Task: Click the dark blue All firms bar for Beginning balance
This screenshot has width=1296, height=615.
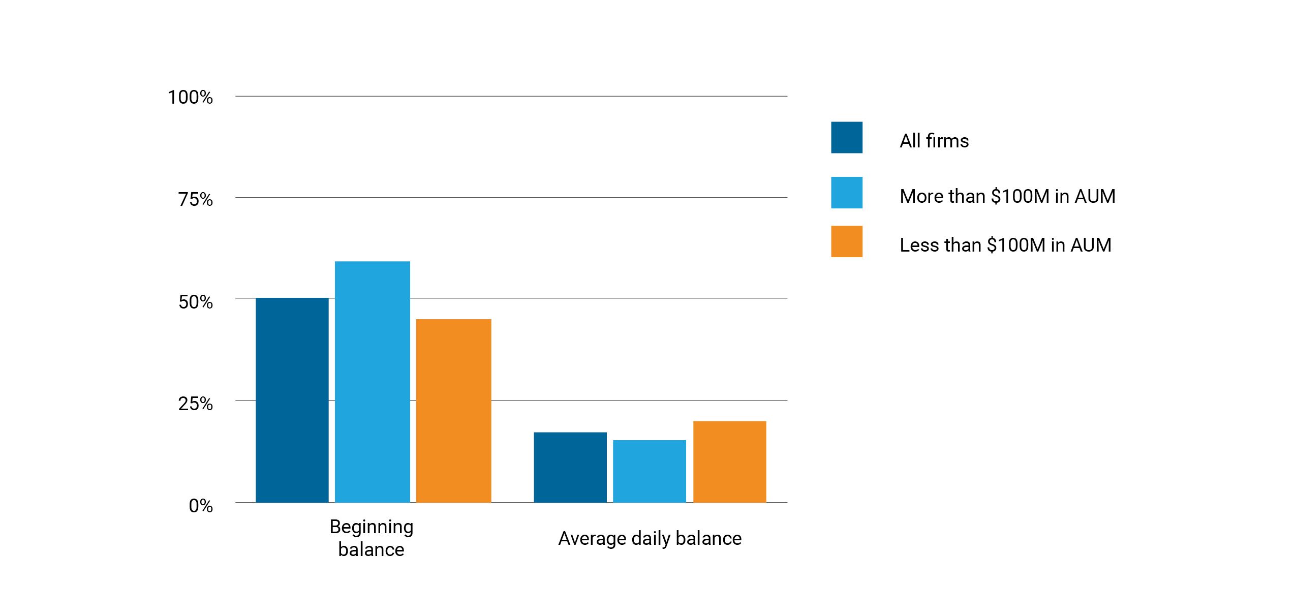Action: pyautogui.click(x=292, y=400)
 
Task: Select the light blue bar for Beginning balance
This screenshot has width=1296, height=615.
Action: pyautogui.click(x=372, y=382)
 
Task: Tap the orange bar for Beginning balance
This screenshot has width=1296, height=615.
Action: pyautogui.click(x=453, y=411)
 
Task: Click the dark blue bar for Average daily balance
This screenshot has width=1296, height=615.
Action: pyautogui.click(x=570, y=467)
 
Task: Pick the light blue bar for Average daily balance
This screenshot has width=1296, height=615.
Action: pyautogui.click(x=649, y=471)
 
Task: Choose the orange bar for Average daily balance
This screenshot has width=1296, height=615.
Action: pyautogui.click(x=729, y=462)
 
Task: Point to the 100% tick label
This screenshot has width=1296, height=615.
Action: pyautogui.click(x=190, y=97)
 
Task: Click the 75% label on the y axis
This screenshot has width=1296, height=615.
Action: pyautogui.click(x=195, y=199)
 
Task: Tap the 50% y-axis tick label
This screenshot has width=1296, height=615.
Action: pyautogui.click(x=195, y=302)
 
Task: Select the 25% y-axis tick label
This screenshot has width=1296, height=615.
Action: pyautogui.click(x=195, y=404)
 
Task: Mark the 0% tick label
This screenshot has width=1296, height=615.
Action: pyautogui.click(x=200, y=506)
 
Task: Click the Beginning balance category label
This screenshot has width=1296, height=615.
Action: pyautogui.click(x=371, y=538)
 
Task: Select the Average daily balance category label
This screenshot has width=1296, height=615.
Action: pyautogui.click(x=650, y=538)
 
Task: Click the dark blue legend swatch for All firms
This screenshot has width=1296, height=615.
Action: pyautogui.click(x=846, y=137)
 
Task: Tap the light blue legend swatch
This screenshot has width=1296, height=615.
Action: pyautogui.click(x=846, y=193)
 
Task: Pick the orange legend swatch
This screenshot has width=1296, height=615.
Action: pyautogui.click(x=846, y=241)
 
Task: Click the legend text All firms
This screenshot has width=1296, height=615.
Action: pyautogui.click(x=934, y=141)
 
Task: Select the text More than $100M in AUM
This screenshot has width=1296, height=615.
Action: pyautogui.click(x=1007, y=196)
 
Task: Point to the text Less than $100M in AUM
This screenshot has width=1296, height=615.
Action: pyautogui.click(x=1005, y=245)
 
